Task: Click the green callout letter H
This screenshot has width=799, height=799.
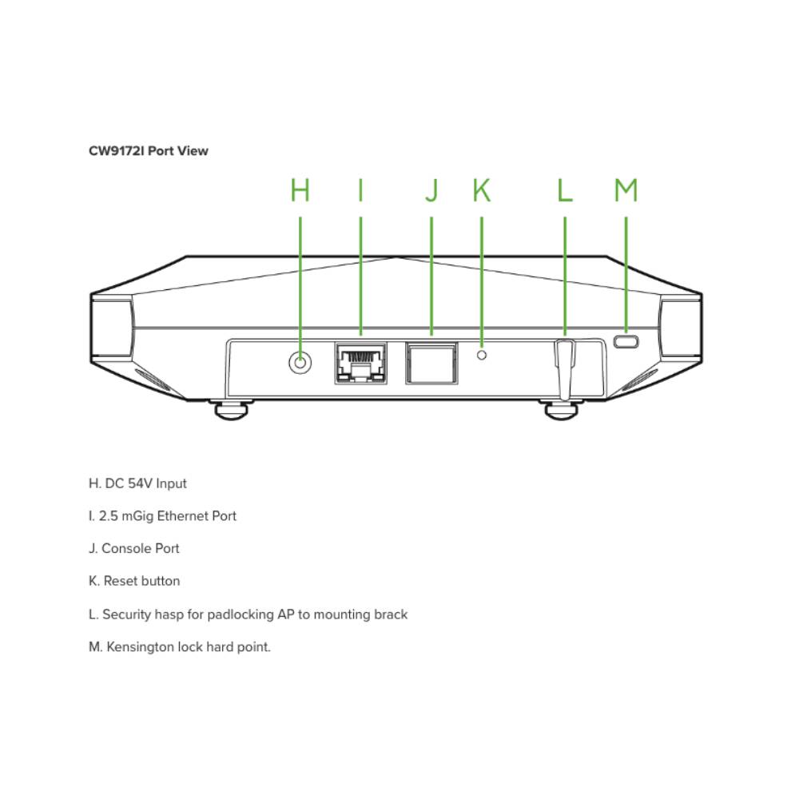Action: [300, 190]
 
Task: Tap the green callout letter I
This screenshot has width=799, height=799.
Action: [360, 190]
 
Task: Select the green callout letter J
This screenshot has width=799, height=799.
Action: [431, 190]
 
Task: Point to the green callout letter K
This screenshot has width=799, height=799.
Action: [481, 190]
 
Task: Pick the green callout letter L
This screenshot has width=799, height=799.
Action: [565, 190]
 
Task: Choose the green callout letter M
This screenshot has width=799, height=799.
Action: [626, 190]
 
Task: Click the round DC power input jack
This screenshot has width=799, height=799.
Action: [300, 363]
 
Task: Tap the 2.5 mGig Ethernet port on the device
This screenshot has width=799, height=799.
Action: [360, 363]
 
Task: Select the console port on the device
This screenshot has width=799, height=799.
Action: [431, 363]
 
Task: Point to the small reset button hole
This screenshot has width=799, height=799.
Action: [481, 354]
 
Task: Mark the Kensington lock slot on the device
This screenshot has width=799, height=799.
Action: [626, 342]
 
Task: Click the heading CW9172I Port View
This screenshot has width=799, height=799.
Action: [149, 150]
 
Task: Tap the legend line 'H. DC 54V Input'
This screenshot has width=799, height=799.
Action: [137, 483]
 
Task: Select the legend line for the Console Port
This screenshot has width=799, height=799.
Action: [134, 549]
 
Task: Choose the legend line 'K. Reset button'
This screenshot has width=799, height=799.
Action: [134, 581]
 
